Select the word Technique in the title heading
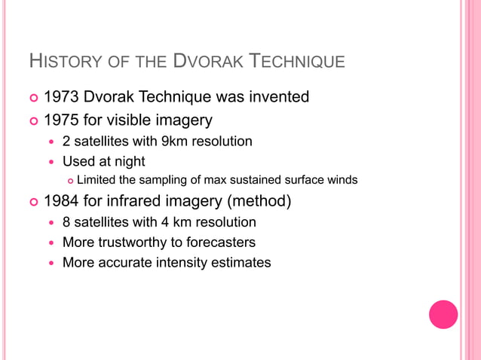tap(296, 61)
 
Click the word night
tap(129, 161)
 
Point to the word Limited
tap(97, 179)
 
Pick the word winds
tap(341, 179)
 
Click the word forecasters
tap(219, 243)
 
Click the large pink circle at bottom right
tap(443, 314)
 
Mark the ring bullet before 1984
tap(32, 202)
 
